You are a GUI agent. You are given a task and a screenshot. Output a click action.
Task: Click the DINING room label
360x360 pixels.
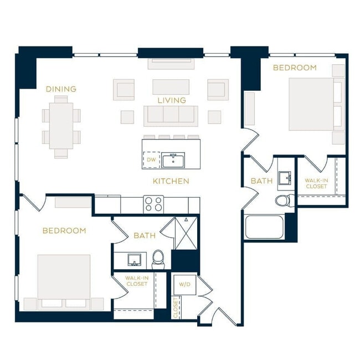pyautogui.click(x=61, y=89)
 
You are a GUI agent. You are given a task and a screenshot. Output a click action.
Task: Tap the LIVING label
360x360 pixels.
pyautogui.click(x=171, y=100)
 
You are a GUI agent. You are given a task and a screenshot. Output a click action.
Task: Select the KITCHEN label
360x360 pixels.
pyautogui.click(x=171, y=181)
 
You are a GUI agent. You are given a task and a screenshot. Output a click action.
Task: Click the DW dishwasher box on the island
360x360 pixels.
pyautogui.click(x=151, y=160)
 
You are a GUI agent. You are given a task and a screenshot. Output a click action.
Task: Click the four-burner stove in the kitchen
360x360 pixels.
pyautogui.click(x=154, y=204)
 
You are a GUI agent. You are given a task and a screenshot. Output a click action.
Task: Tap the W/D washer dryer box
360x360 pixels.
pyautogui.click(x=184, y=284)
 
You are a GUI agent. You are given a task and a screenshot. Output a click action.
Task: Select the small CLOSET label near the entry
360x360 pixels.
pyautogui.click(x=176, y=308)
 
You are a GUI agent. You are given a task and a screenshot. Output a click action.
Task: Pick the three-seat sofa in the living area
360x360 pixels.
pyautogui.click(x=171, y=116)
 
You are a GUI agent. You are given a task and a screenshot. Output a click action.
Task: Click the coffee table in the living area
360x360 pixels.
pyautogui.click(x=171, y=87)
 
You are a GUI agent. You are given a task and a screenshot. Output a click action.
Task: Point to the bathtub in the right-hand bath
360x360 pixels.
pyautogui.click(x=265, y=226)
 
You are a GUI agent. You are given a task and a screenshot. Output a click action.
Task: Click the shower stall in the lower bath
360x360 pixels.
pyautogui.click(x=184, y=232)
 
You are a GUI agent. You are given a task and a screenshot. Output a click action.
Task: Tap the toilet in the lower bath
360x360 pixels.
pyautogui.click(x=159, y=258)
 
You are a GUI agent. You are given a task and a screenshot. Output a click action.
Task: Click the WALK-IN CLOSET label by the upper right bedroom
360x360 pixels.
pyautogui.click(x=316, y=183)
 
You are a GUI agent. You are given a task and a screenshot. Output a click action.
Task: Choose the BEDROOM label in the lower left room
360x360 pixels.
pyautogui.click(x=64, y=230)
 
